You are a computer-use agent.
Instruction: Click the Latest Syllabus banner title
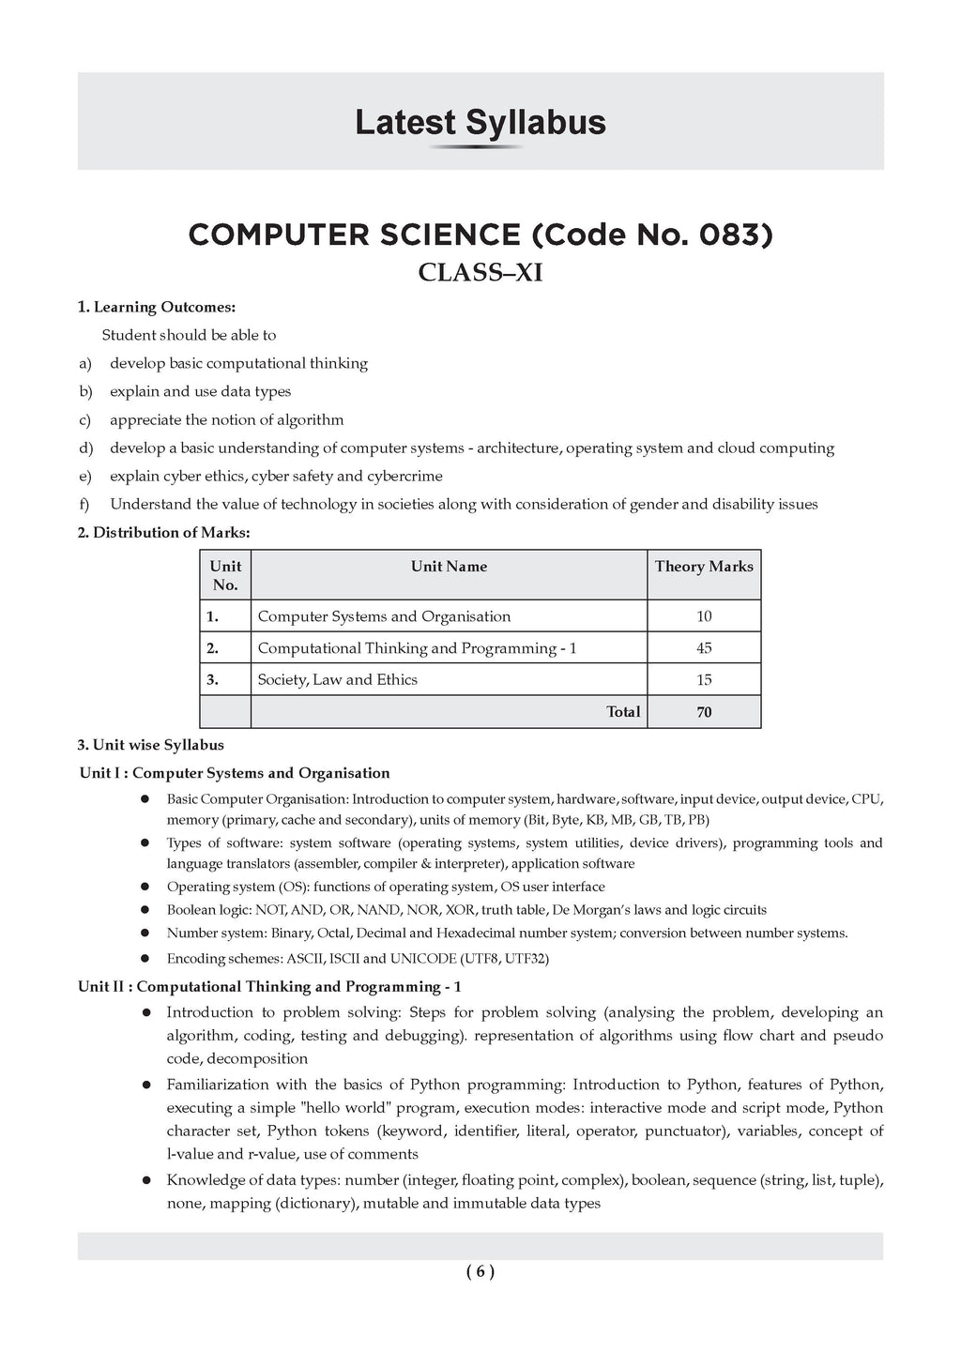480,123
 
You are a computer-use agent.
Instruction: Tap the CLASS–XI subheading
480,273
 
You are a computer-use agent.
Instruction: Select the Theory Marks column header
704,567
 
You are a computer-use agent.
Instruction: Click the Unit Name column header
449,567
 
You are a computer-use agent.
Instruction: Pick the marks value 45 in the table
704,648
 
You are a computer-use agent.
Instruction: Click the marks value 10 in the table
704,616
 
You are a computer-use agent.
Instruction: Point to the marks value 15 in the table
704,680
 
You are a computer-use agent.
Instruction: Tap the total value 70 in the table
704,712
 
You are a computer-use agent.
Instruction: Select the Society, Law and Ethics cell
338,680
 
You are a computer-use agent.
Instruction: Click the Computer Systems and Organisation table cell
384,616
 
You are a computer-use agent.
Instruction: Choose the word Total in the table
623,712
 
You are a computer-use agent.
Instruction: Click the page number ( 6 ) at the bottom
480,1272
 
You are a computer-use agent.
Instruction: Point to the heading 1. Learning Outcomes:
157,307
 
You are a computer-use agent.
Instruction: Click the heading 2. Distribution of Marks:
164,533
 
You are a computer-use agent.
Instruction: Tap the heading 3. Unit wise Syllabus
151,745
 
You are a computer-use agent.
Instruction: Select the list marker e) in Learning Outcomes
85,477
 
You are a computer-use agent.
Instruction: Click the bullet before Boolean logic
145,910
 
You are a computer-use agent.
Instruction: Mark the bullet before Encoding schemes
145,959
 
